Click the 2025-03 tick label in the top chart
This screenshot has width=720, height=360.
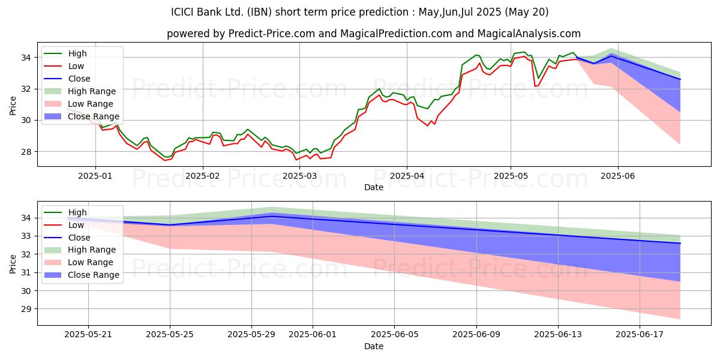(299, 176)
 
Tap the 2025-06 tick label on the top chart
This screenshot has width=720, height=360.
(618, 176)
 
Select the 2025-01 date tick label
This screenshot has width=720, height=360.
(95, 176)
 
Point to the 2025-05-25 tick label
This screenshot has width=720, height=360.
(170, 335)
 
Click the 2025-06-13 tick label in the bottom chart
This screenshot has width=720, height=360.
(558, 335)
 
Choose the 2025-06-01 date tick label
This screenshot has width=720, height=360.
(313, 335)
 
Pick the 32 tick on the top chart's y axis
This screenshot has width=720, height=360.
(26, 89)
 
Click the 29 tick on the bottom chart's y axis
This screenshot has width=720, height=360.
(26, 309)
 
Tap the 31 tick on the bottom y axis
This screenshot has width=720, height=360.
(26, 273)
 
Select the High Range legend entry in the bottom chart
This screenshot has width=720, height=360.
(80, 250)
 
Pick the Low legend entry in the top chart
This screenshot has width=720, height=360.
(64, 66)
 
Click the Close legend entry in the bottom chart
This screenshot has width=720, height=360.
(67, 238)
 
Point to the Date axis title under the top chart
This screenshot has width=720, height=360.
(373, 187)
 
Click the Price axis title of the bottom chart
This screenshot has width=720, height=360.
(13, 264)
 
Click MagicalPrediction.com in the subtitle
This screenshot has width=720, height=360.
(396, 34)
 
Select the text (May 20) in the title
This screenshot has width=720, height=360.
(527, 12)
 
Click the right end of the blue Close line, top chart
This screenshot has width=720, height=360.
(680, 79)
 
